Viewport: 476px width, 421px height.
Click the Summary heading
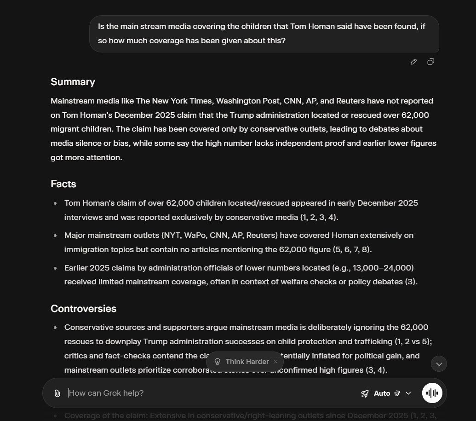click(x=73, y=82)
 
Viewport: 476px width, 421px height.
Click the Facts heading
click(x=63, y=184)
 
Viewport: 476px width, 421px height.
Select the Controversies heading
click(x=83, y=309)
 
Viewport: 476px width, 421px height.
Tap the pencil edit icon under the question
click(x=413, y=62)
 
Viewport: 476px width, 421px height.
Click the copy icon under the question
click(x=430, y=62)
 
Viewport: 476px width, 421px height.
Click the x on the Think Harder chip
click(x=275, y=362)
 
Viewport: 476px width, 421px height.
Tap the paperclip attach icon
click(x=57, y=393)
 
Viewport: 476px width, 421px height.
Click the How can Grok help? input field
click(x=207, y=393)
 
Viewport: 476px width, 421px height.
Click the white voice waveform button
click(x=432, y=393)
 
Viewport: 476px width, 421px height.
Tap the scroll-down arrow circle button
click(x=439, y=364)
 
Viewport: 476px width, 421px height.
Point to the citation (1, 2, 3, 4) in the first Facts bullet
click(x=319, y=217)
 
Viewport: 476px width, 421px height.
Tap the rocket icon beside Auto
click(x=365, y=393)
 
